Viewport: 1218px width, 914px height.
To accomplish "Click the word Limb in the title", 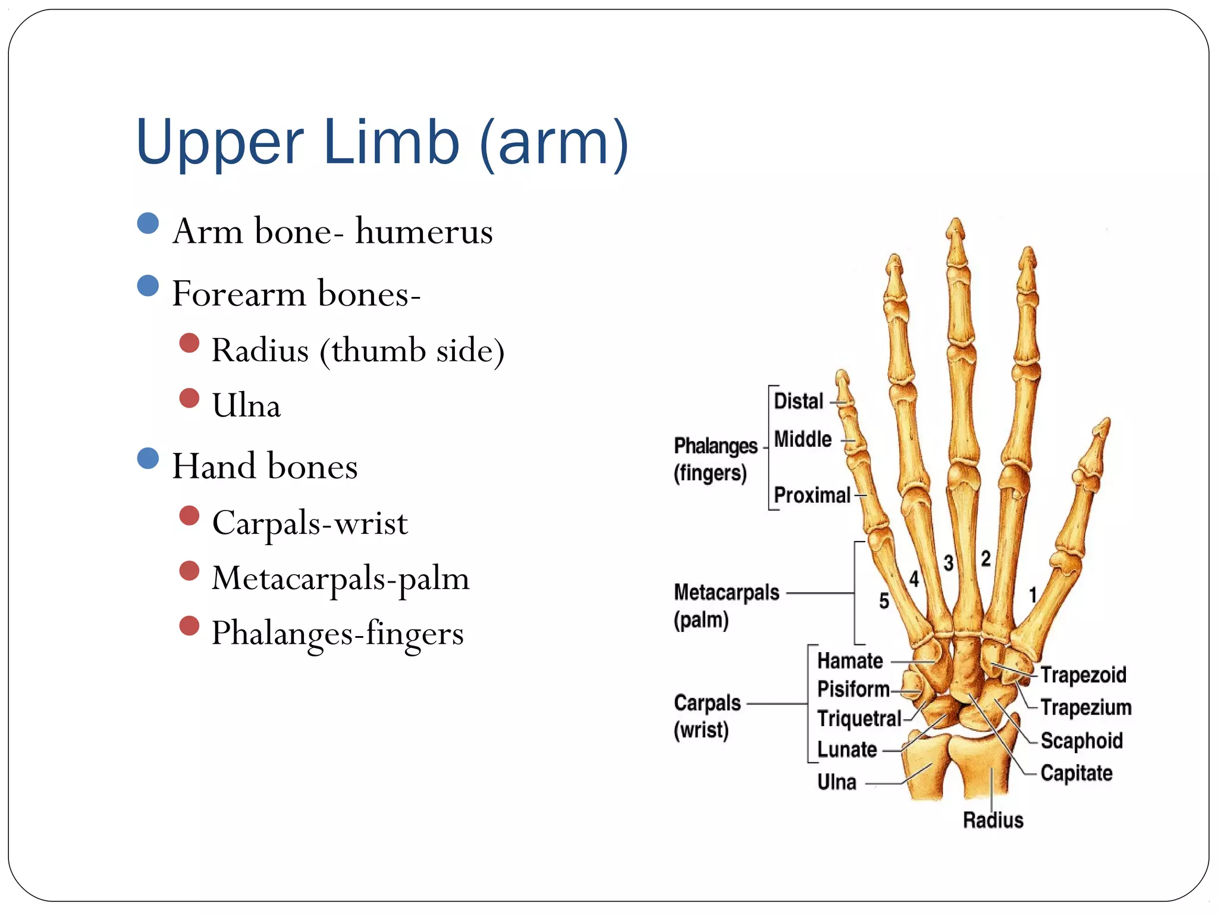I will coord(391,142).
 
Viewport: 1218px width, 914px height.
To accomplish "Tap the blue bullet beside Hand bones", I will coord(147,458).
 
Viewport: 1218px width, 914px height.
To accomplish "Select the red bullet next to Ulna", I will coord(189,398).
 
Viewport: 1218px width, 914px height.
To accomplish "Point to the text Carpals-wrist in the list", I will coord(310,523).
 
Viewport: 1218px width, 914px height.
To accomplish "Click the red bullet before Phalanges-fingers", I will coord(189,626).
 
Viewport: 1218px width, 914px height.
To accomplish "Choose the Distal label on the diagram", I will coord(798,402).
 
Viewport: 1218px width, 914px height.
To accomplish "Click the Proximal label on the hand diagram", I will coord(812,495).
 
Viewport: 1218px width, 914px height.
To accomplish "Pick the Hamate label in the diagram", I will coord(850,661).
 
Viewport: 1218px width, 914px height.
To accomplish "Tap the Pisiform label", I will coord(853,689).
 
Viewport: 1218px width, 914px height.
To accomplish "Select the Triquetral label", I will coord(859,719).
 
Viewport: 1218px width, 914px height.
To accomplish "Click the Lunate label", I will coord(847,750).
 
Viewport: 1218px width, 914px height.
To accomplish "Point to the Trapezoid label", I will coord(1083,675).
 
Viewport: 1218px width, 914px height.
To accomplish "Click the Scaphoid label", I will coord(1081,741).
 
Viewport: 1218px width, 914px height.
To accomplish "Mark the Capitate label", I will coord(1076,774).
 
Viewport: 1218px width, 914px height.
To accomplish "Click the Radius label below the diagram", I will coord(993,821).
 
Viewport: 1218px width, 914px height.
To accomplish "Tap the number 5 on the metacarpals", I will coord(884,601).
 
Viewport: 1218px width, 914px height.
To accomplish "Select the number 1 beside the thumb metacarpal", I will coord(1033,595).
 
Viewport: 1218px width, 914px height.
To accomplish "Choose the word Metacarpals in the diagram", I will coord(726,593).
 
